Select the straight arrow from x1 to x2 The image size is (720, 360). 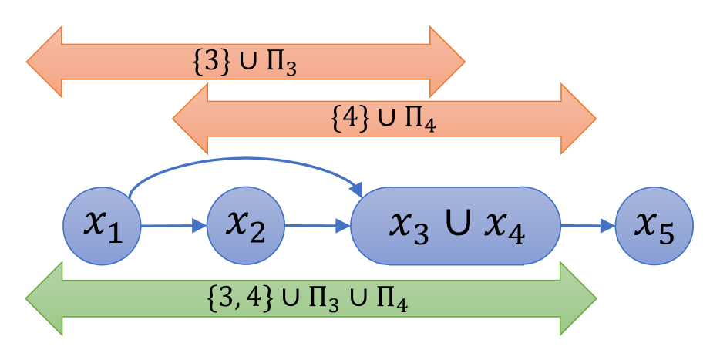(173, 226)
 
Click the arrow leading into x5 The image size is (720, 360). (589, 226)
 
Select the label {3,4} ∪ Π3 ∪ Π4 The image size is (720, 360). (308, 298)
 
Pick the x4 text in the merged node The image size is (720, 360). (506, 227)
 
